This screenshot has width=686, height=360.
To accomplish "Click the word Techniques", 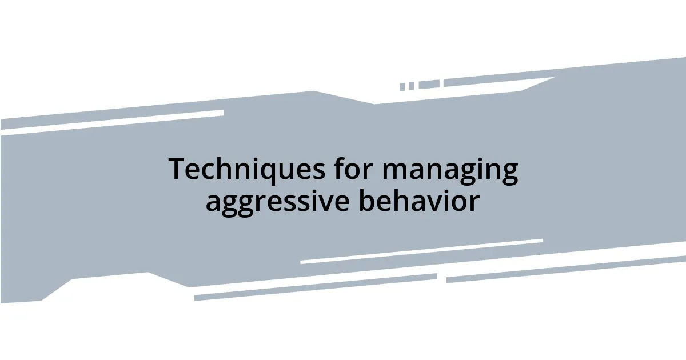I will pyautogui.click(x=244, y=170).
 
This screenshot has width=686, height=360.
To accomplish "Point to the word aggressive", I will pyautogui.click(x=277, y=202).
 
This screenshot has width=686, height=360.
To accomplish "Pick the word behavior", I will pyautogui.click(x=419, y=201).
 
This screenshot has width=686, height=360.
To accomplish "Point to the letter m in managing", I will pyautogui.click(x=394, y=171).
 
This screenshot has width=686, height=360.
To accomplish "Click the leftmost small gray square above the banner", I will pyautogui.click(x=402, y=87).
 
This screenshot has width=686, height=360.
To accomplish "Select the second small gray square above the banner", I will pyautogui.click(x=411, y=86).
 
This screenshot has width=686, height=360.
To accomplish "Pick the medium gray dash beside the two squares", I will pyautogui.click(x=429, y=85).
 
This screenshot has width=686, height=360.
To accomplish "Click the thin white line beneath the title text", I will pyautogui.click(x=421, y=251).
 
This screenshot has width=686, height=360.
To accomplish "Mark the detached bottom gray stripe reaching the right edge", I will pyautogui.click(x=566, y=269).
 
